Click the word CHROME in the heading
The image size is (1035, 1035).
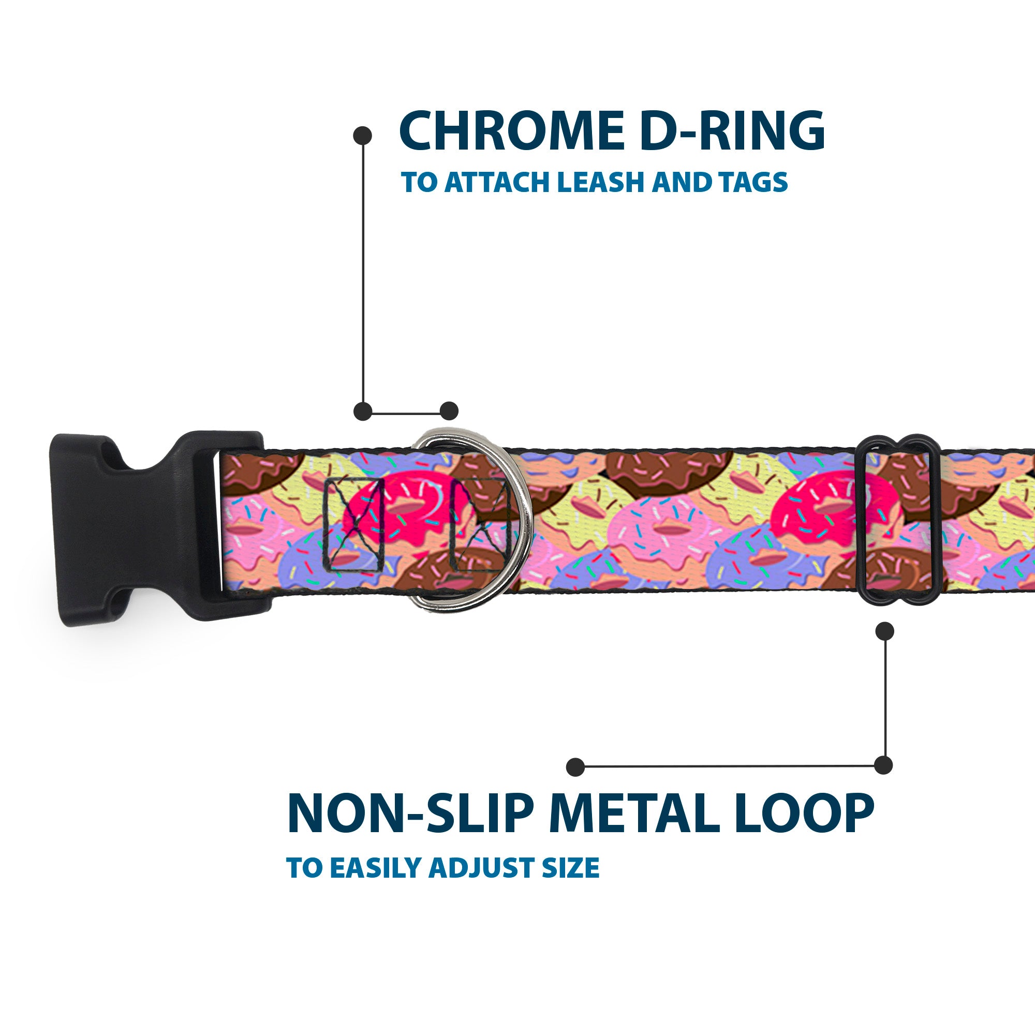coord(512,131)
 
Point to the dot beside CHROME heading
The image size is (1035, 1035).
coord(363,136)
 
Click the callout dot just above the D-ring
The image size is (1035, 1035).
coord(449,411)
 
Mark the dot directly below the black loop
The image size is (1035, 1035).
coord(884,631)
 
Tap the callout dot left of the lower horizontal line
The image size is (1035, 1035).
coord(575,766)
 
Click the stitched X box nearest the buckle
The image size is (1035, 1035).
coord(354,524)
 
